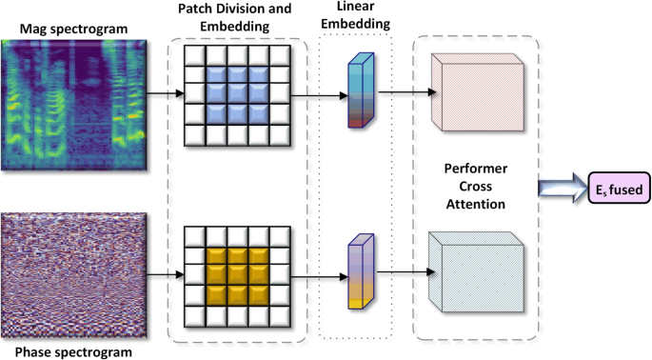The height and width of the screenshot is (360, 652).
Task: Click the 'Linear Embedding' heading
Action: tap(355, 16)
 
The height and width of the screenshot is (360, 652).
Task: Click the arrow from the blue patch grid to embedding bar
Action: tap(317, 95)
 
